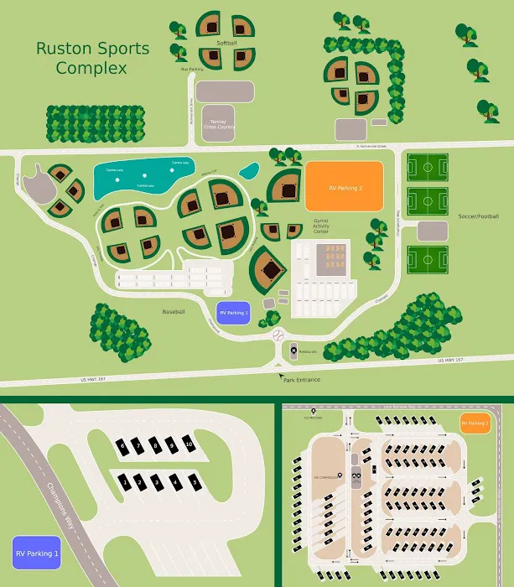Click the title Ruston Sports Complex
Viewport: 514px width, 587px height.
coord(92,58)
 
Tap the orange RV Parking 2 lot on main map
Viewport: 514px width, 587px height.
coord(345,185)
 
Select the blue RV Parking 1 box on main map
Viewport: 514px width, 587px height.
coord(233,312)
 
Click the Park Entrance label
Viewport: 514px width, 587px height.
coord(300,380)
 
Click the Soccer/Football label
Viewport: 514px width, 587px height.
coord(478,216)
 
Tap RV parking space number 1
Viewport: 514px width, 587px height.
coord(125,483)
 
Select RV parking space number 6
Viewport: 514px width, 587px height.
coord(122,444)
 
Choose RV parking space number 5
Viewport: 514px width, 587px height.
coord(195,483)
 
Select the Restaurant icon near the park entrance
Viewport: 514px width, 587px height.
coord(293,351)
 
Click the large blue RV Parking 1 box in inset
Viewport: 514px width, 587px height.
coord(37,553)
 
